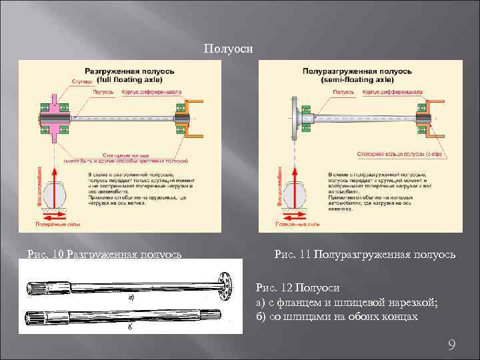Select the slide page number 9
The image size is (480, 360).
tap(451, 345)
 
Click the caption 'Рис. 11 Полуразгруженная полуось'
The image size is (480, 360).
tap(365, 254)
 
